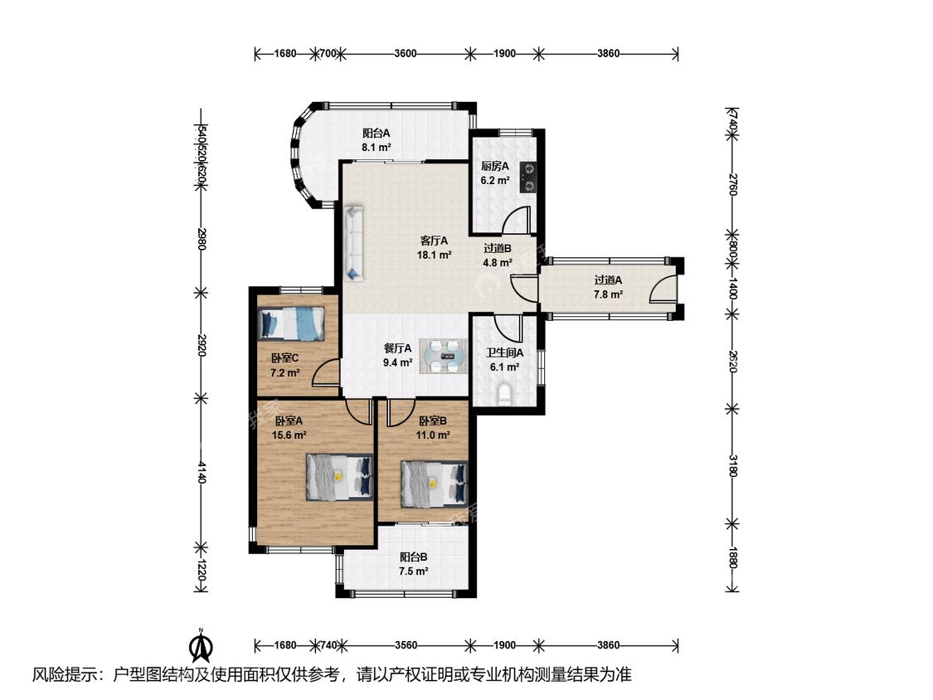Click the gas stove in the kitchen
point(527,177)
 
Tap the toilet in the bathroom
point(504,394)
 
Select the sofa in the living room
point(353,243)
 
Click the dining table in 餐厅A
point(444,356)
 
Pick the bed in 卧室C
point(291,323)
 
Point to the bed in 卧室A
point(340,478)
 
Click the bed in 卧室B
point(435,484)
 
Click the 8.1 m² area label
point(376,147)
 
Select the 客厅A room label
point(434,241)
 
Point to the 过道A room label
point(608,280)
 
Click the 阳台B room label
point(414,557)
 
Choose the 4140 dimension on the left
point(202,472)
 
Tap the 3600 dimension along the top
point(406,54)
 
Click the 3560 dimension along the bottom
point(406,645)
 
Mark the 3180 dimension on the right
point(732,465)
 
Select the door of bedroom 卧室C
point(328,373)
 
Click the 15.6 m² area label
point(289,435)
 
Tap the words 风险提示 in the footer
point(63,675)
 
